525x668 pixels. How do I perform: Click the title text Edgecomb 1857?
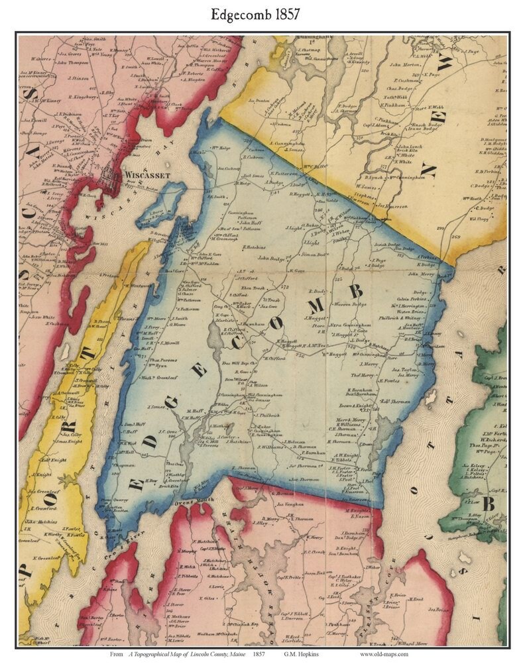(x=262, y=14)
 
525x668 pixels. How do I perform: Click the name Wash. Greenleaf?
(x=159, y=377)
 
